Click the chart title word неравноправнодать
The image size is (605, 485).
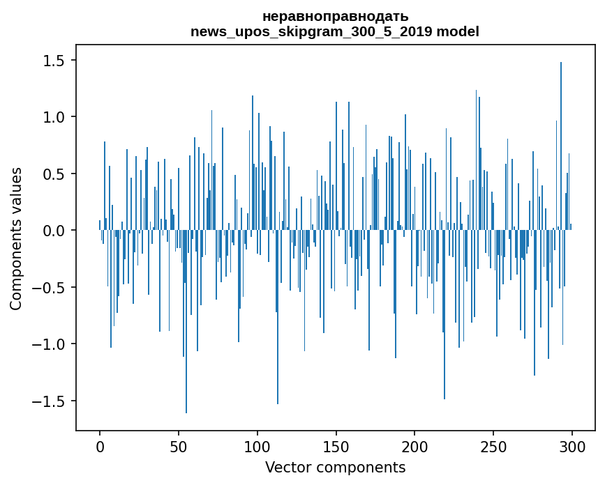pyautogui.click(x=335, y=16)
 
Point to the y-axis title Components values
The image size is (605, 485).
pyautogui.click(x=16, y=238)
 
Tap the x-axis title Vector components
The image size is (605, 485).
pyautogui.click(x=335, y=468)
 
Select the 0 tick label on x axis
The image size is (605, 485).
pyautogui.click(x=100, y=446)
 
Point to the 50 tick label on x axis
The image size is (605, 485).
pyautogui.click(x=179, y=446)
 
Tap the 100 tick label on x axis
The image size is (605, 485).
pyautogui.click(x=257, y=446)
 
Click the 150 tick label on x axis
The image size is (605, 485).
pyautogui.click(x=336, y=446)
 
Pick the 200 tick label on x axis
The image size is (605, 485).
pyautogui.click(x=415, y=446)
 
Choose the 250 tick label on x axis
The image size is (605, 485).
pyautogui.click(x=494, y=446)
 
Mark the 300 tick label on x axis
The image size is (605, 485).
pyautogui.click(x=572, y=446)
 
